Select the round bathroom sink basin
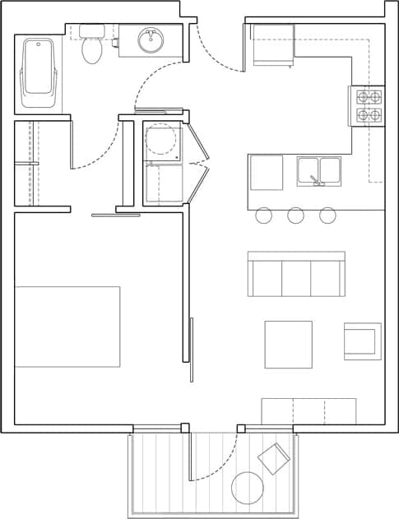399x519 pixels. (151, 40)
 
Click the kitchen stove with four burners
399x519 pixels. (367, 106)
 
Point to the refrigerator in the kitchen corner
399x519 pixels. (272, 45)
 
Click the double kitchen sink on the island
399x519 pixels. (319, 171)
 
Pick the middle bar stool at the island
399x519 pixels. (295, 215)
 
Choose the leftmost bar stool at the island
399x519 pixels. (263, 215)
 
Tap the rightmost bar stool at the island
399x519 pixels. (327, 215)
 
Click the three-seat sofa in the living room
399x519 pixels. (296, 275)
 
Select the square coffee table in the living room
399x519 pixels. (288, 345)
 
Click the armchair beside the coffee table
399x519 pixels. (363, 341)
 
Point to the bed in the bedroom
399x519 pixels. (67, 327)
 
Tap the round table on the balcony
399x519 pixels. (247, 488)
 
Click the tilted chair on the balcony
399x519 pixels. (274, 458)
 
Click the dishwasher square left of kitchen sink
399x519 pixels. (267, 173)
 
